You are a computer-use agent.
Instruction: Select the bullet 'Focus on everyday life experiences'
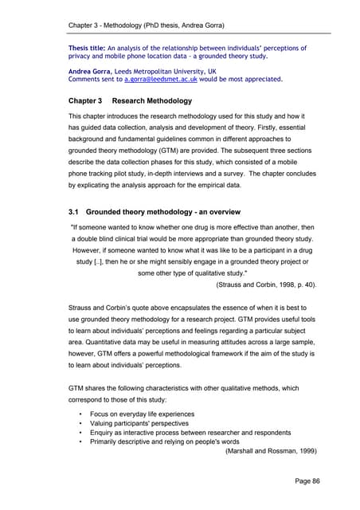point(152,415)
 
